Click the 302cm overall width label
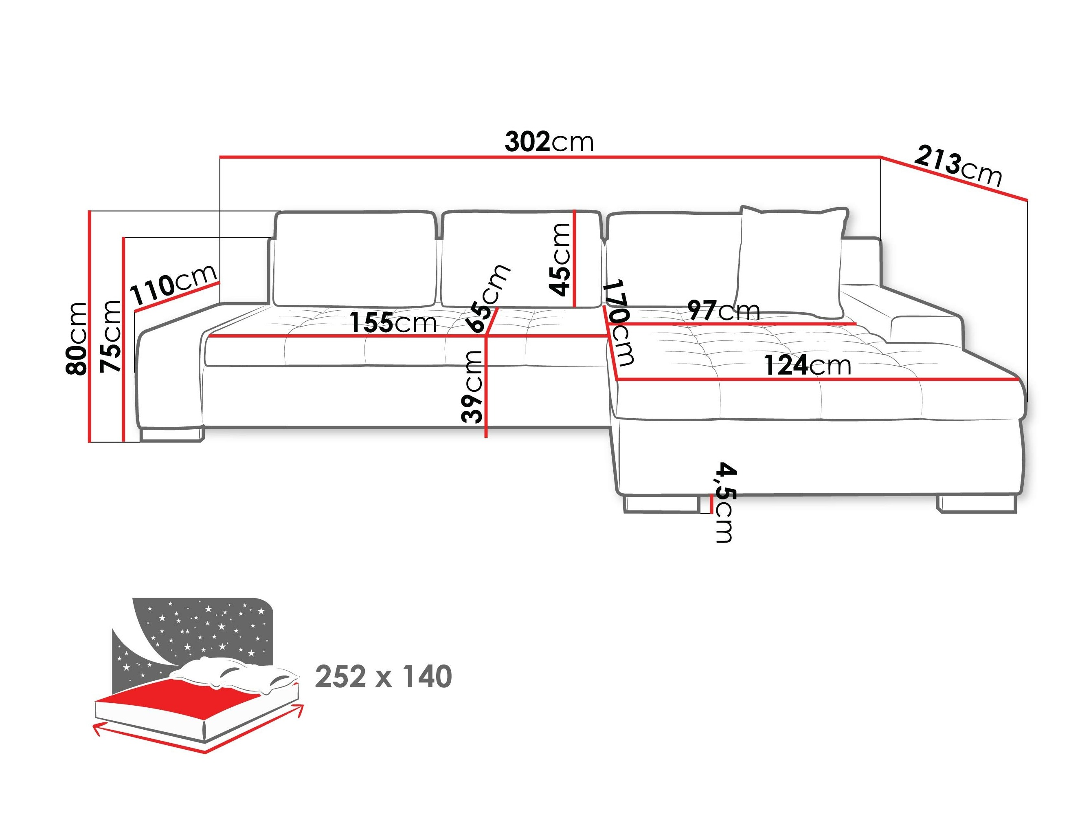pyautogui.click(x=549, y=143)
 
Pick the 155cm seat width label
pyautogui.click(x=393, y=323)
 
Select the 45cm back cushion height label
pyautogui.click(x=560, y=259)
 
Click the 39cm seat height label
pyautogui.click(x=472, y=386)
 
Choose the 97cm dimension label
pyautogui.click(x=724, y=311)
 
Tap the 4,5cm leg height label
pyautogui.click(x=725, y=503)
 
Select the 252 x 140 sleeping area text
pyautogui.click(x=383, y=677)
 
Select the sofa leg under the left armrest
pyautogui.click(x=171, y=435)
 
